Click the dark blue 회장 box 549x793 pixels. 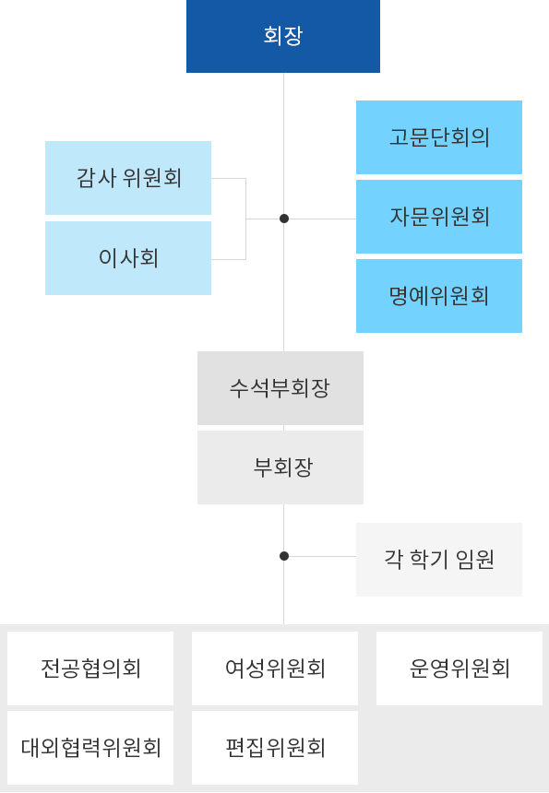click(x=282, y=36)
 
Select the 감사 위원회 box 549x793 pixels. click(x=128, y=178)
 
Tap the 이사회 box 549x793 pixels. click(x=128, y=258)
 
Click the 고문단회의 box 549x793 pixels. click(x=438, y=137)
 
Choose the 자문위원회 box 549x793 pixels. click(x=438, y=217)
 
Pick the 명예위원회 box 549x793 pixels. click(x=438, y=296)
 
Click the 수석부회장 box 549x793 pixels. click(x=280, y=388)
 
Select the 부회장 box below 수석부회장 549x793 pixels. click(x=280, y=468)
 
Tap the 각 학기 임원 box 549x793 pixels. click(x=438, y=560)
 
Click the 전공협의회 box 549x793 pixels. click(x=90, y=669)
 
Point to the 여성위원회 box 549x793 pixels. click(x=275, y=669)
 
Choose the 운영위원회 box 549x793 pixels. click(x=459, y=669)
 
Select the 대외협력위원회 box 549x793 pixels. click(x=90, y=748)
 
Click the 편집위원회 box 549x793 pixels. click(x=275, y=748)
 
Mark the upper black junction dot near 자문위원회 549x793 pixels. click(x=284, y=219)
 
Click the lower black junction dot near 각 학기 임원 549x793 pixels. click(x=284, y=556)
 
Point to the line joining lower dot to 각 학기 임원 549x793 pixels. click(x=323, y=556)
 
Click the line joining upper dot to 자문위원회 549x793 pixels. click(x=323, y=219)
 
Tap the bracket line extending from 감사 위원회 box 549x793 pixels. click(x=229, y=178)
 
